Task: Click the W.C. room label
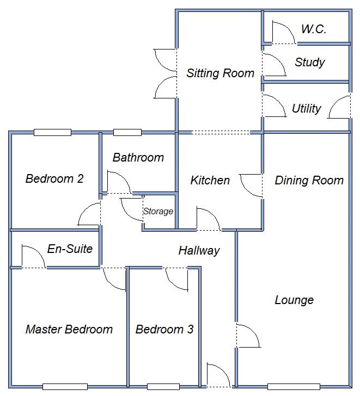tap(314, 29)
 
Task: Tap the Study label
tap(309, 62)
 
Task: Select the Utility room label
tap(306, 108)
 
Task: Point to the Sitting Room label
tap(220, 73)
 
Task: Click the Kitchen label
tap(210, 180)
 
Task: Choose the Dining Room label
tap(309, 180)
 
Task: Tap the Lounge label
tap(294, 300)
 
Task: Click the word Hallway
tap(199, 250)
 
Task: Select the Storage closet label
tap(158, 211)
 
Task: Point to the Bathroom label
tap(138, 158)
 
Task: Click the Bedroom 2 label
tap(54, 178)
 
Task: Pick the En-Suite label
tap(70, 249)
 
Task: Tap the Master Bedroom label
tap(69, 329)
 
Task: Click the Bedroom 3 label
tap(164, 329)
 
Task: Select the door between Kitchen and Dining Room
tap(252, 186)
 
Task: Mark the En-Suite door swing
tap(33, 256)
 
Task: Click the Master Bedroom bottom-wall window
tap(65, 387)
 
